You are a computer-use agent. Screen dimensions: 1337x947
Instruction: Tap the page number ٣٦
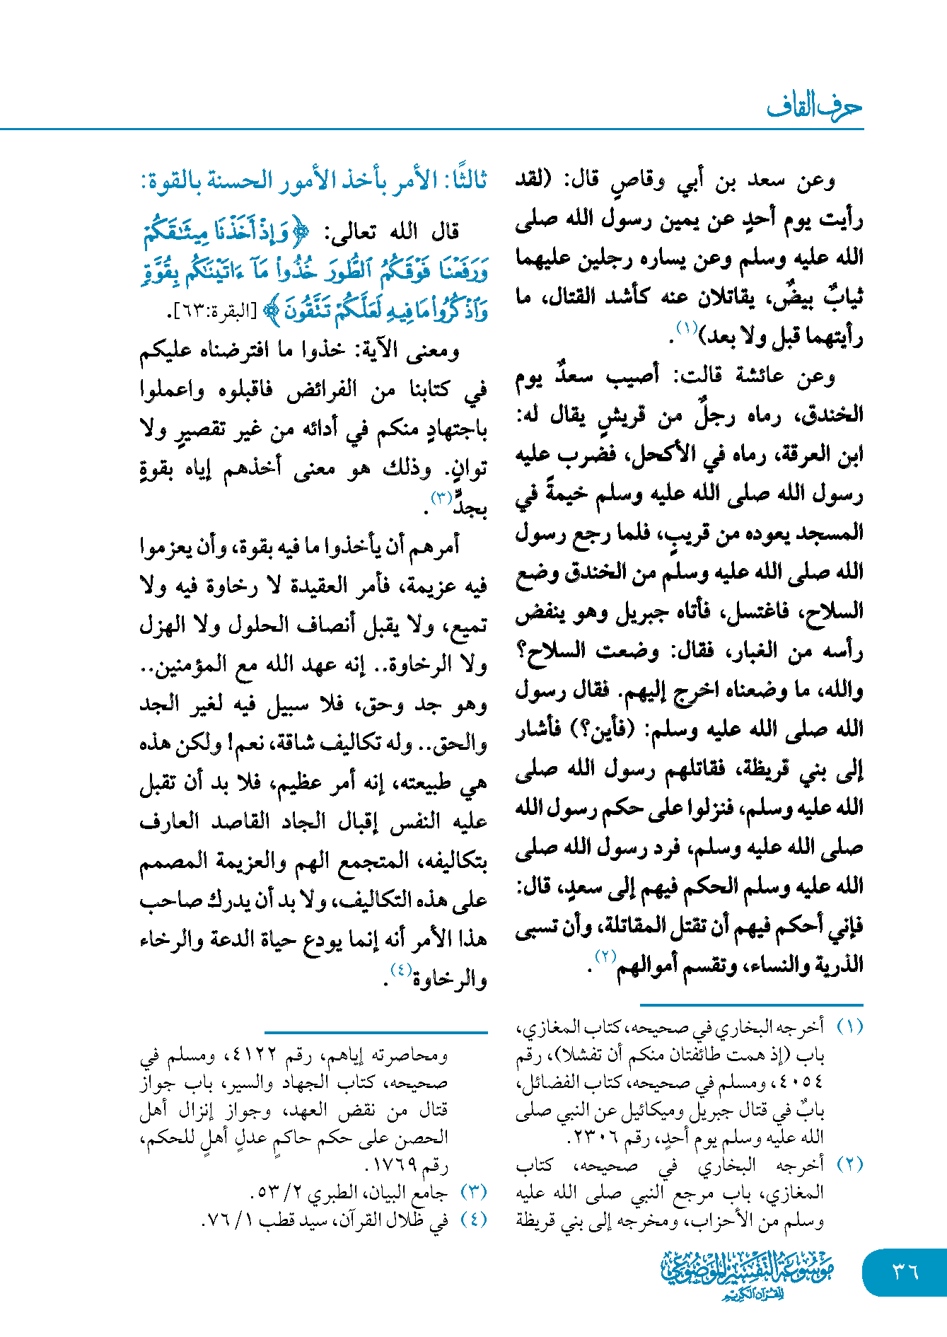[905, 1271]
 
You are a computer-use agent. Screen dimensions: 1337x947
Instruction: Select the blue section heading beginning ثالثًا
[313, 180]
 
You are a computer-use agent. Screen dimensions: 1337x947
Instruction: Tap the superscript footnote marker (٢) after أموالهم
[605, 956]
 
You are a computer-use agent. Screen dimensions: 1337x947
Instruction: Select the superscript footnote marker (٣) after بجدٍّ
[442, 498]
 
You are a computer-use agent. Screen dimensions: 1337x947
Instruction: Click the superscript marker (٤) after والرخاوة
[401, 971]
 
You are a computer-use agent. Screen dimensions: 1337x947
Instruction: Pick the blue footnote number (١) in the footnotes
[849, 1026]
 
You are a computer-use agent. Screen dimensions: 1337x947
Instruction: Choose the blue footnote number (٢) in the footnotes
[849, 1165]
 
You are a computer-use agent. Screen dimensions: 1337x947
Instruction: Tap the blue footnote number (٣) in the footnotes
[474, 1192]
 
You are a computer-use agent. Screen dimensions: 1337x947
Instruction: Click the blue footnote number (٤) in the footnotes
[474, 1220]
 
